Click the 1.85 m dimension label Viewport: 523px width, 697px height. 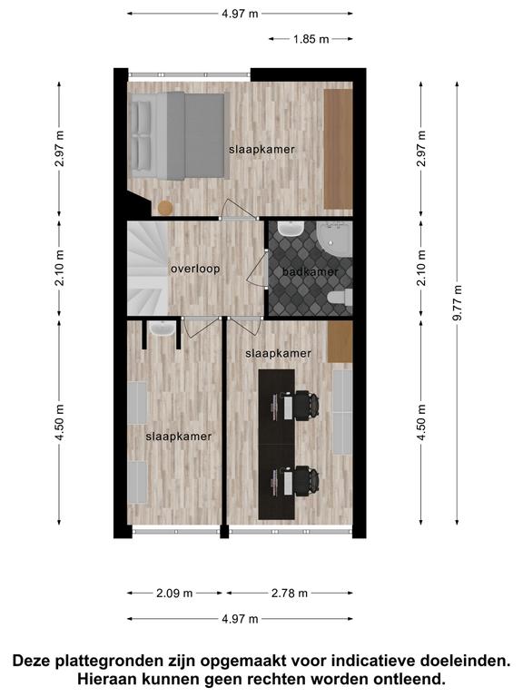[311, 39]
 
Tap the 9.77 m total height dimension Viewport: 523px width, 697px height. [458, 303]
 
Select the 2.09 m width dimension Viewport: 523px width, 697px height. [174, 593]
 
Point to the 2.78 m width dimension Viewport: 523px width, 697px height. [290, 593]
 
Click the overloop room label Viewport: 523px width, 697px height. [195, 269]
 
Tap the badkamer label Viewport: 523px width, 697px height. [311, 271]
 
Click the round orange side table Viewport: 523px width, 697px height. [165, 208]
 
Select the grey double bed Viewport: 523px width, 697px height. [178, 135]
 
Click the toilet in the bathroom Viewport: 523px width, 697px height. [340, 298]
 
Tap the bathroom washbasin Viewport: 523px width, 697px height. [291, 229]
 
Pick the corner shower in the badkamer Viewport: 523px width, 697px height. [334, 239]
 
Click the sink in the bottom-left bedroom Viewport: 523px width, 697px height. [162, 329]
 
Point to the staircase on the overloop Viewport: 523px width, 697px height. [148, 269]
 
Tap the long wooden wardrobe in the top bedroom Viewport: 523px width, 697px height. [338, 149]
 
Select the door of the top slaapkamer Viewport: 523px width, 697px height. [240, 210]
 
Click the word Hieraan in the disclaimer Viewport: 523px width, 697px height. [104, 679]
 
